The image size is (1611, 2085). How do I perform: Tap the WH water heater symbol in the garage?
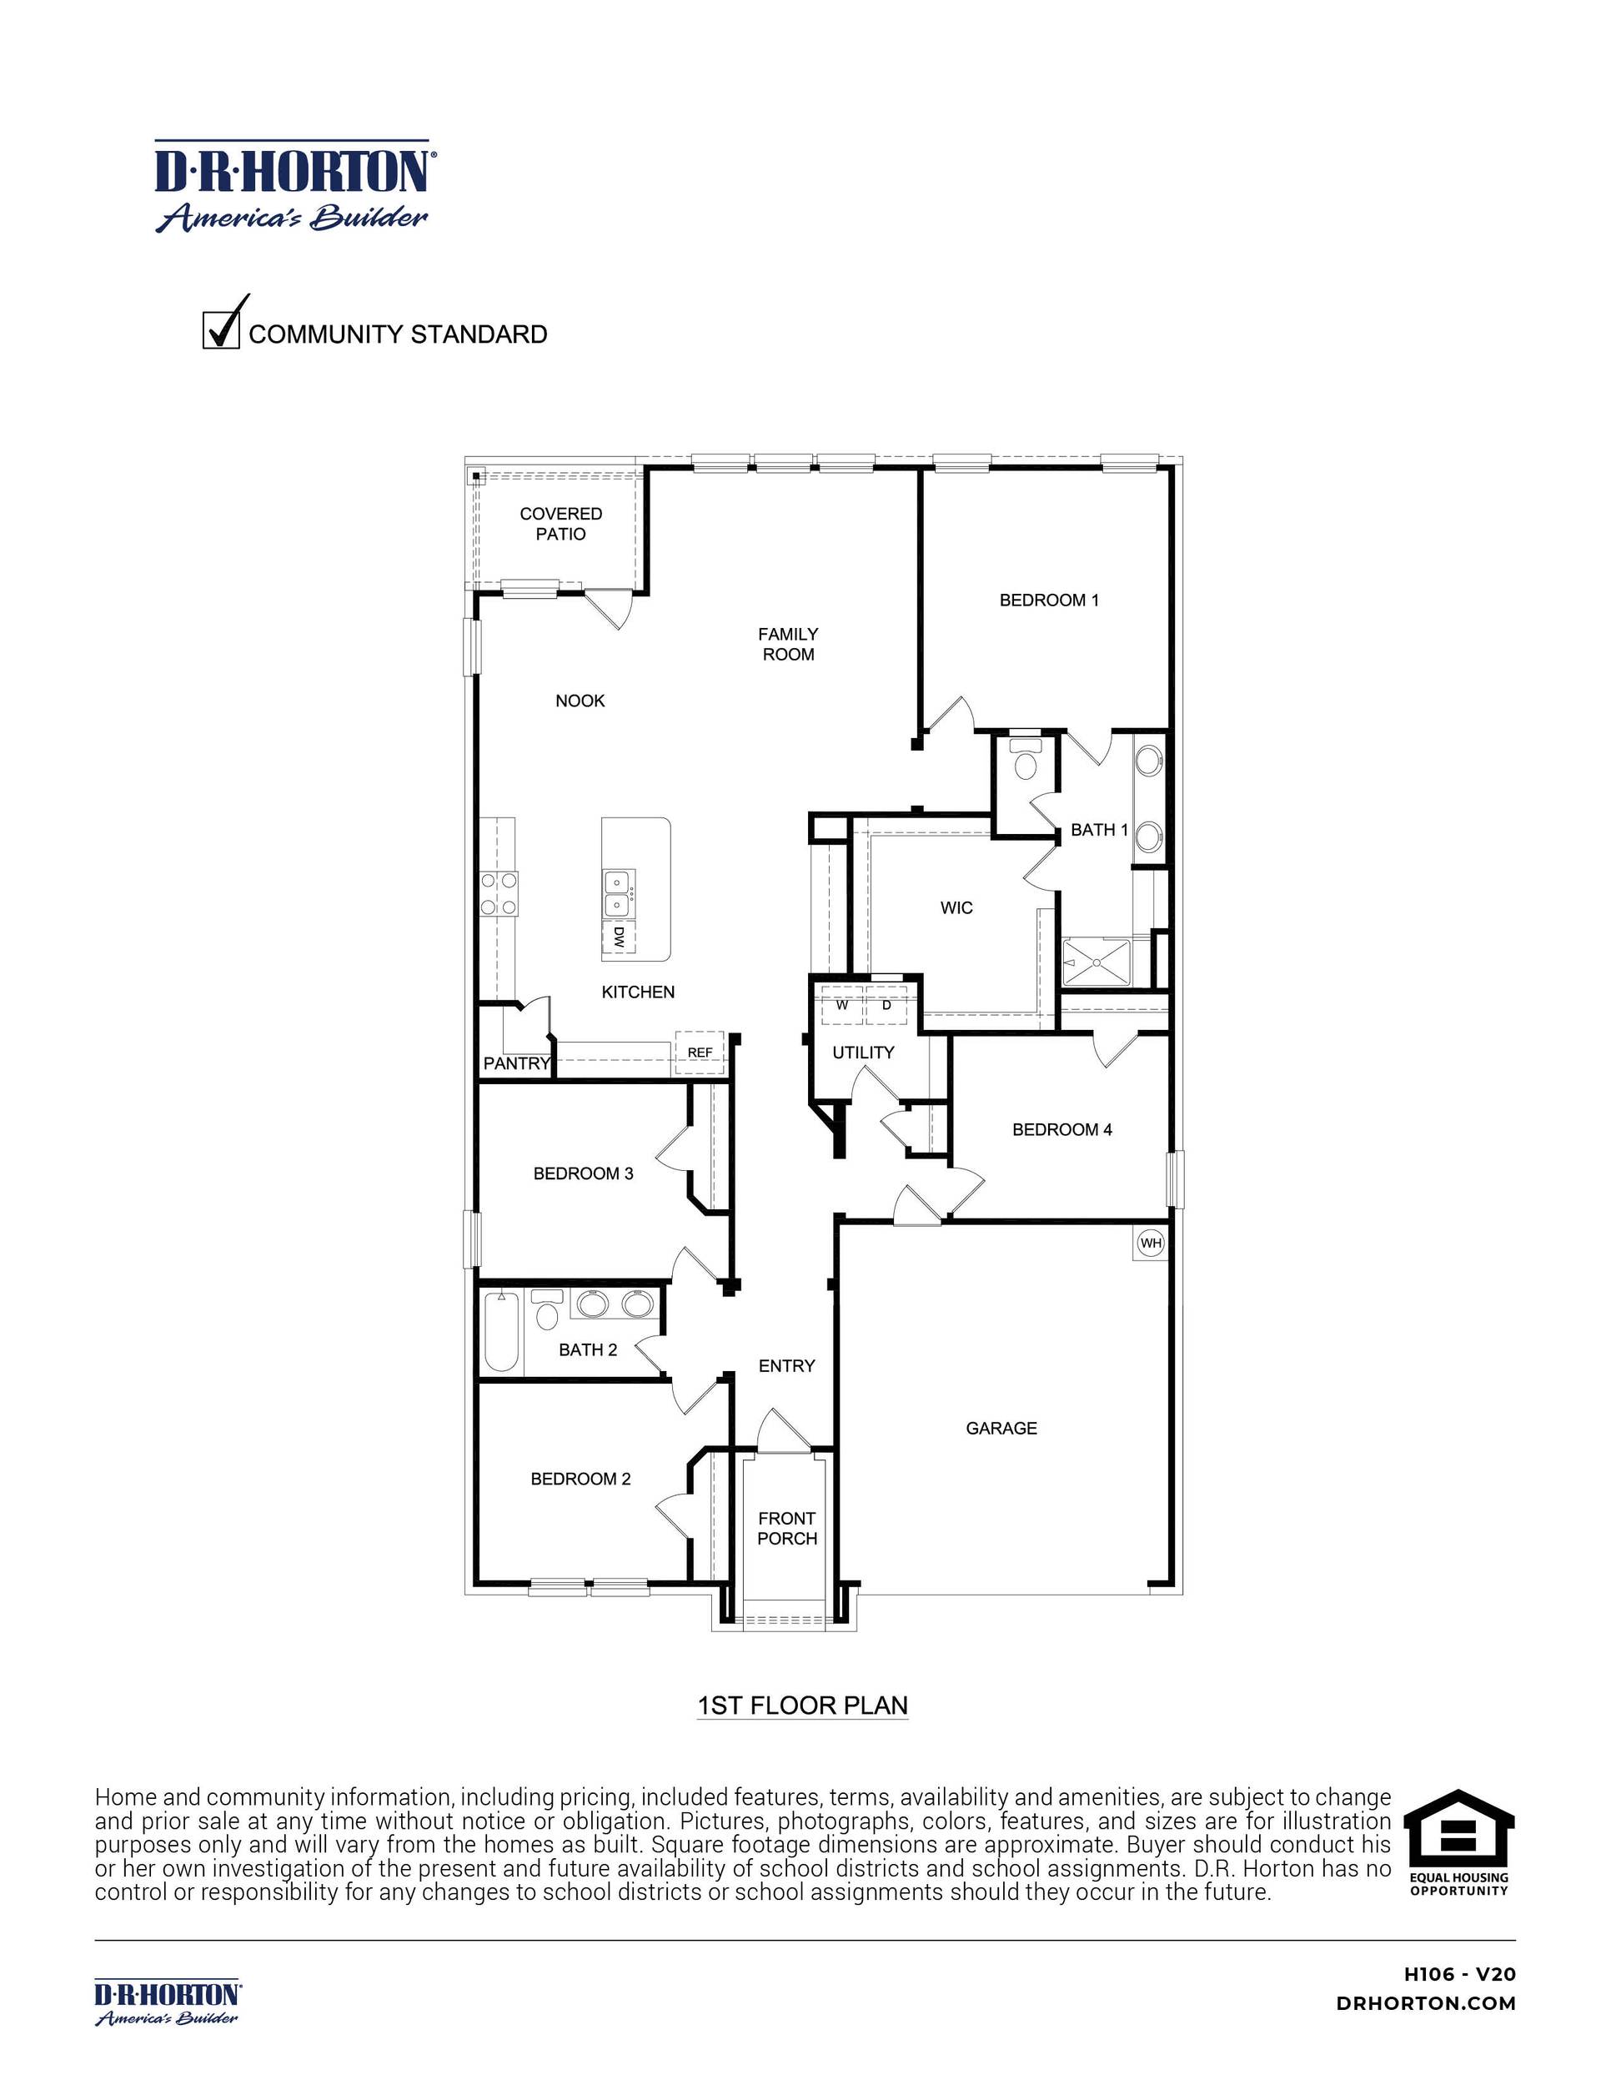pyautogui.click(x=1151, y=1243)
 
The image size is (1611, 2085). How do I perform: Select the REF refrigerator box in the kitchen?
pyautogui.click(x=700, y=1052)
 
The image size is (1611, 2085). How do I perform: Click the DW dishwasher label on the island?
pyautogui.click(x=619, y=937)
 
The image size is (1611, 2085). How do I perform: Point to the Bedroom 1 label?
pyautogui.click(x=1049, y=600)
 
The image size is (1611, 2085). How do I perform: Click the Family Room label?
pyautogui.click(x=788, y=645)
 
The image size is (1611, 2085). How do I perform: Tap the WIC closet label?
pyautogui.click(x=956, y=908)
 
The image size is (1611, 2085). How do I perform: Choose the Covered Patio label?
pyautogui.click(x=560, y=524)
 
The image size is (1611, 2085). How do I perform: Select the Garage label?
pyautogui.click(x=1001, y=1428)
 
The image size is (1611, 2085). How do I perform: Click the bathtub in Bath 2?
pyautogui.click(x=501, y=1332)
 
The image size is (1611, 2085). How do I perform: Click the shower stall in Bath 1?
pyautogui.click(x=1097, y=962)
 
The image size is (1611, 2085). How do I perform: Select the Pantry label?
pyautogui.click(x=516, y=1063)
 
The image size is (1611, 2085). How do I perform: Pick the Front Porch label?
pyautogui.click(x=787, y=1529)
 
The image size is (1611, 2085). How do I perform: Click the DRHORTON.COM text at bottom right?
pyautogui.click(x=1426, y=2004)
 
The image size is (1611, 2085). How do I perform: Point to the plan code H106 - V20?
pyautogui.click(x=1459, y=1974)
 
